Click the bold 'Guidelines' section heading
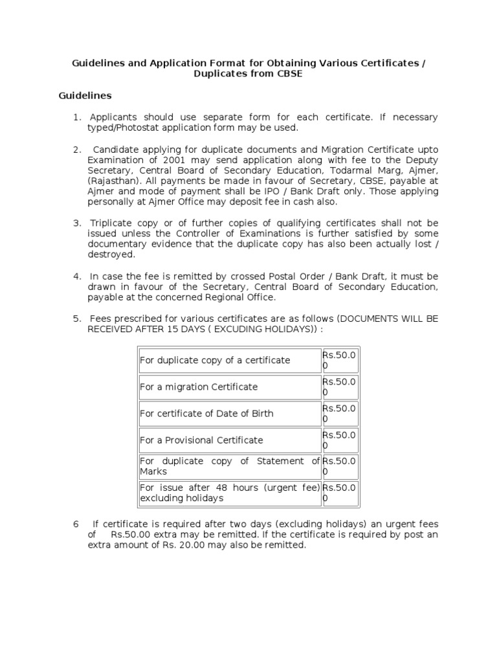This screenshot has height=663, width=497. point(85,96)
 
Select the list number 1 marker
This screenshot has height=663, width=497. point(76,117)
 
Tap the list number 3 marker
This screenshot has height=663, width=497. point(76,223)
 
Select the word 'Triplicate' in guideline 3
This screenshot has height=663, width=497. point(112,223)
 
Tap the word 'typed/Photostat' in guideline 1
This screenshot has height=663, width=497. point(122,128)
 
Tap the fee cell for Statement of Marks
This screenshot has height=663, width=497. point(340,466)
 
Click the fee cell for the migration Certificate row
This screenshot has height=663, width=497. point(340,387)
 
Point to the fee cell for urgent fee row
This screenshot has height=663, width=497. point(340,493)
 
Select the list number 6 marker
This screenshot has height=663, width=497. point(76,524)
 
